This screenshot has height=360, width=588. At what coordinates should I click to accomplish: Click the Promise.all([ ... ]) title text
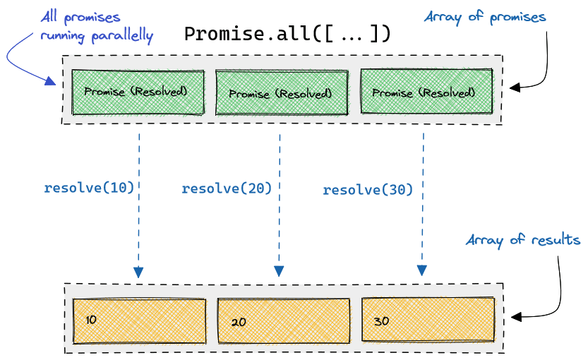[287, 34]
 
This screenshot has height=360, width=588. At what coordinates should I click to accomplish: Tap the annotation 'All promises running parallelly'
[97, 27]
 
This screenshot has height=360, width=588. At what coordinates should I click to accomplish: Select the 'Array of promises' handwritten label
[485, 17]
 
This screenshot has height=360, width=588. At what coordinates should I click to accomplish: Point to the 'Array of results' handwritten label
[523, 240]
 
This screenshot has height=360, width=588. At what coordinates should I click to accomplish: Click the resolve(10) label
[89, 188]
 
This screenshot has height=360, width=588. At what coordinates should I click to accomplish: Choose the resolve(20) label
[227, 188]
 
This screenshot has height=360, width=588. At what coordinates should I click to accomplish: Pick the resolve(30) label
[368, 190]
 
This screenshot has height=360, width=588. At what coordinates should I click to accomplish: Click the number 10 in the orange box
[91, 320]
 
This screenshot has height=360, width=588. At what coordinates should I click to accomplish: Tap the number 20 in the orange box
[239, 322]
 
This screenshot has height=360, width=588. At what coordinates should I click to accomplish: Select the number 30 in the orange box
[381, 321]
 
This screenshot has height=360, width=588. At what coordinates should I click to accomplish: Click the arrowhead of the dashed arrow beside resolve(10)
[138, 272]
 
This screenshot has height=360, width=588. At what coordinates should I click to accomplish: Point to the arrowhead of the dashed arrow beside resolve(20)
[279, 271]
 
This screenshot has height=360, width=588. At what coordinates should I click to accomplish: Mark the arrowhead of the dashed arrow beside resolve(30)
[422, 270]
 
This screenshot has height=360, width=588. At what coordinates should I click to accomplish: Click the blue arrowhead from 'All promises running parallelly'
[51, 80]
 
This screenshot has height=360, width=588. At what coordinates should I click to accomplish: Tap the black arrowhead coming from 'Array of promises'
[515, 88]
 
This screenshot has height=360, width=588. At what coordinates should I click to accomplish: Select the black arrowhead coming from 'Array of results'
[517, 317]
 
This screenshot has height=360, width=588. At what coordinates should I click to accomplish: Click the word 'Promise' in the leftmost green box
[104, 92]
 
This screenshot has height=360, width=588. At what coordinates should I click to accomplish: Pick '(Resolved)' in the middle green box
[304, 93]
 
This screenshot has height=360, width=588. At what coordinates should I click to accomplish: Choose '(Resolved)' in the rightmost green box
[447, 92]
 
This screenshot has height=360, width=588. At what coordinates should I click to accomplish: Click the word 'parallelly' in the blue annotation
[122, 37]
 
